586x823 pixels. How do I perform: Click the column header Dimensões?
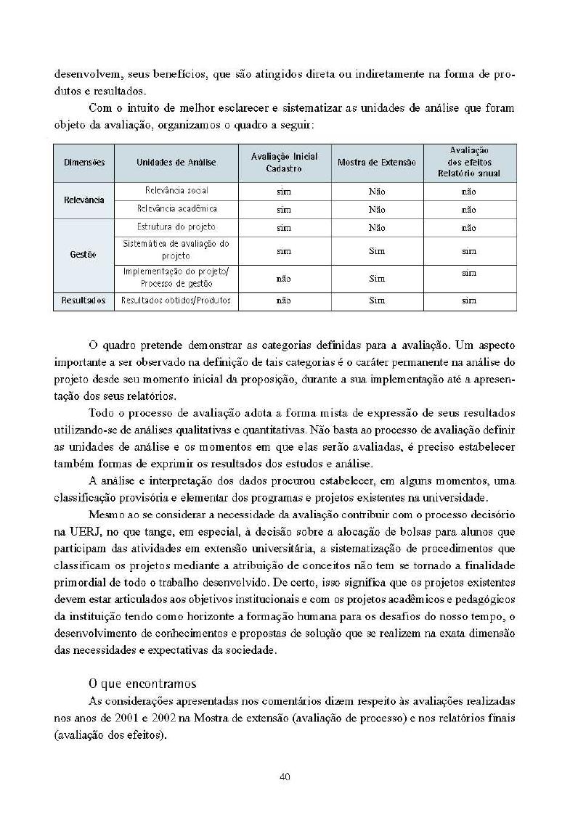point(83,163)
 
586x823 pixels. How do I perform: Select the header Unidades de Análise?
point(176,163)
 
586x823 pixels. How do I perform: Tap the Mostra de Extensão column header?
point(377,163)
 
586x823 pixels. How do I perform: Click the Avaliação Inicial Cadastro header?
point(284,163)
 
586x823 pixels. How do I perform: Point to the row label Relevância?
point(83,200)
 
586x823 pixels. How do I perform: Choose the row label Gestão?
point(83,255)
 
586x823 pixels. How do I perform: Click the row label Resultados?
point(83,300)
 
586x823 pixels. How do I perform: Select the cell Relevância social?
point(176,191)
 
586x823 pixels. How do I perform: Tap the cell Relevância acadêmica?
point(176,209)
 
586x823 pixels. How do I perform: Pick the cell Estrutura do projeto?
point(176,227)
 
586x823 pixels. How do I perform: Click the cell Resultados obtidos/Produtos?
point(176,300)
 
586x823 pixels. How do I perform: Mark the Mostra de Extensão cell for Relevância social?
point(377,192)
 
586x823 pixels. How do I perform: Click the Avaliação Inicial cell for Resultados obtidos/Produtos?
point(284,300)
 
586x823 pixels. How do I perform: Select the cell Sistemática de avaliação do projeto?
point(176,250)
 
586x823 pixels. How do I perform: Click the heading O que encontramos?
point(142,683)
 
